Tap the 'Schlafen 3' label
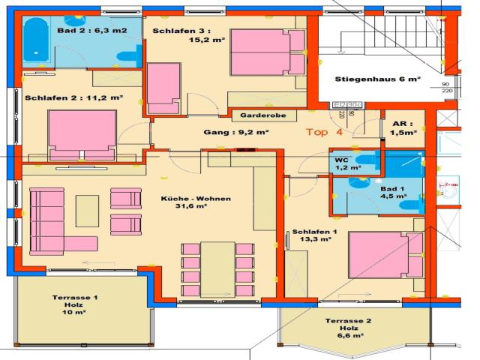click(x=178, y=31)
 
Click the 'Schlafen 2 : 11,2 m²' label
click(x=73, y=97)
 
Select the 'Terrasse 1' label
click(x=75, y=298)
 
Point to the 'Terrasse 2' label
click(x=348, y=321)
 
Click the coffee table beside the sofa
click(x=86, y=210)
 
